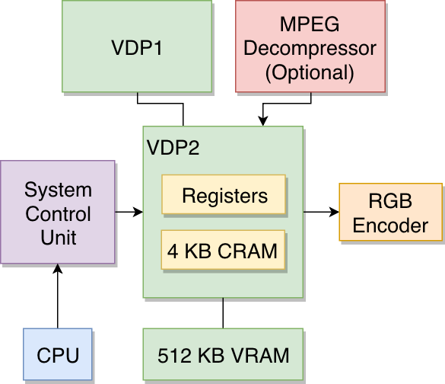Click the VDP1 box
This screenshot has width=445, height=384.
pyautogui.click(x=137, y=46)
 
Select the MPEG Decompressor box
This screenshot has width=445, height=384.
pyautogui.click(x=310, y=46)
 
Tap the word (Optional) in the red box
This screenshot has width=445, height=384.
pyautogui.click(x=310, y=73)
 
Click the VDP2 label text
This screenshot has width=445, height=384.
pyautogui.click(x=173, y=148)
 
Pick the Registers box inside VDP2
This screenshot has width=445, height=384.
pyautogui.click(x=224, y=194)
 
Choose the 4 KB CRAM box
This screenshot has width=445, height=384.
pyautogui.click(x=223, y=250)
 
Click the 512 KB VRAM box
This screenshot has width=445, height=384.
pyautogui.click(x=223, y=354)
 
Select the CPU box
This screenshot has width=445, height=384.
pyautogui.click(x=58, y=354)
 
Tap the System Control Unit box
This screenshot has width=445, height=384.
pyautogui.click(x=58, y=212)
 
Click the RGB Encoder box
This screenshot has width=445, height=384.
pyautogui.click(x=391, y=212)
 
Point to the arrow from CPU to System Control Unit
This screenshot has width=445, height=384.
pyautogui.click(x=58, y=296)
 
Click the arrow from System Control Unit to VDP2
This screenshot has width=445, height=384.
pyautogui.click(x=129, y=212)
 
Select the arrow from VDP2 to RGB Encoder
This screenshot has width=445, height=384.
pyautogui.click(x=321, y=212)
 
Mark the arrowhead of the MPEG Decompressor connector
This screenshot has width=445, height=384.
pyautogui.click(x=263, y=121)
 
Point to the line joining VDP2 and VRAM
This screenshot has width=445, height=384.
pyautogui.click(x=223, y=313)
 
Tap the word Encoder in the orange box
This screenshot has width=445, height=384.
pyautogui.click(x=390, y=226)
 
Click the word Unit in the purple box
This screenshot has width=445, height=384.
pyautogui.click(x=58, y=238)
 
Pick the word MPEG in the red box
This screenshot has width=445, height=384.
pyautogui.click(x=310, y=24)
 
